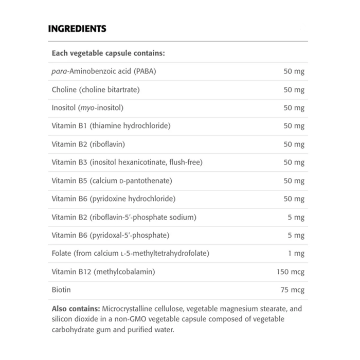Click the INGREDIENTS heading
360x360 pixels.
point(77,29)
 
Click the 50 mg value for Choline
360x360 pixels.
point(294,90)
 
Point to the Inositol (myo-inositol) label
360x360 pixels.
point(88,108)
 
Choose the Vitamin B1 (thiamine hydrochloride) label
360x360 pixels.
point(111,126)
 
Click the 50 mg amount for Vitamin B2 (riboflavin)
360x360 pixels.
point(294,145)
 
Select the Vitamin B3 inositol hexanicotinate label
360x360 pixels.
point(127,163)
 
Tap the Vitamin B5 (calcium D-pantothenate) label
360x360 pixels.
point(112,181)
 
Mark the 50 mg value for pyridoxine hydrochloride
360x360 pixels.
point(294,199)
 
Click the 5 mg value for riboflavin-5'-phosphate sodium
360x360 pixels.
point(296,217)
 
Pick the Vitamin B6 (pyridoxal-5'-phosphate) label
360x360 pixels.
point(111,235)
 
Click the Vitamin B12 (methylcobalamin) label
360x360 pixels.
point(103,272)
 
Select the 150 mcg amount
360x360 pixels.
point(291,272)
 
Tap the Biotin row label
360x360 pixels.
point(61,290)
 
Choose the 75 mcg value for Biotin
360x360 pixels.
point(293,290)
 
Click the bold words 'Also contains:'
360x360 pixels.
point(76,310)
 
